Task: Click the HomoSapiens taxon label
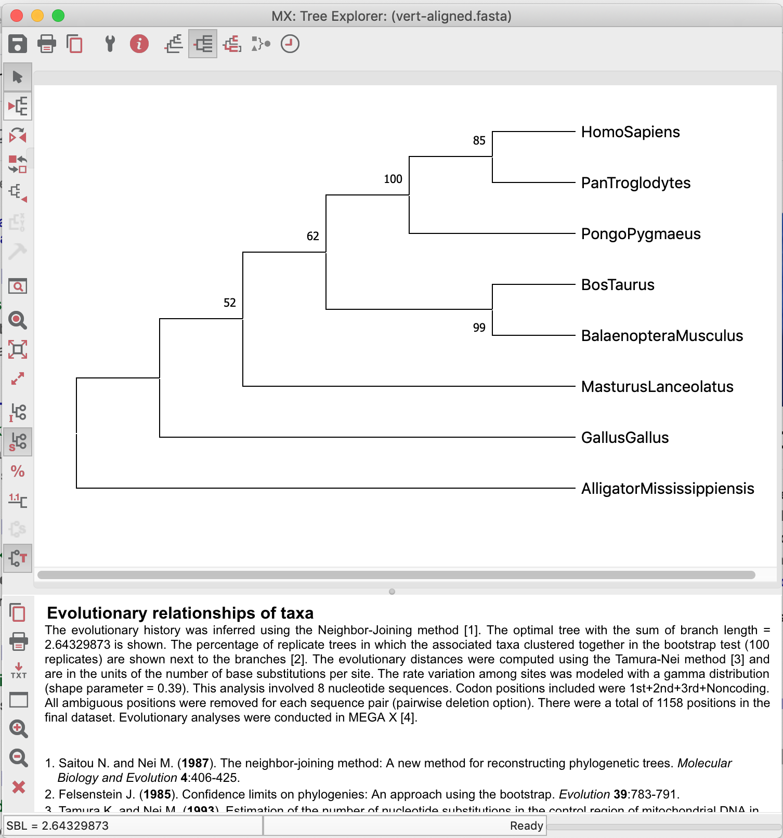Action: tap(630, 132)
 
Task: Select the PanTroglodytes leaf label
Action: tap(635, 183)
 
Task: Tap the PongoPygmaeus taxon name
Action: tap(641, 234)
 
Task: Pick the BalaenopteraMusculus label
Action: tap(662, 336)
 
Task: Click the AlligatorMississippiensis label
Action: tap(667, 489)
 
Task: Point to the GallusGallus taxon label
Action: tap(624, 438)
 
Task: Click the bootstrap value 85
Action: tap(479, 141)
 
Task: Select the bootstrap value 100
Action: tap(393, 179)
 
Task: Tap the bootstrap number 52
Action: tap(229, 303)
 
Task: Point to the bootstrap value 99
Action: tap(479, 328)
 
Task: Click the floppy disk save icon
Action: tap(18, 44)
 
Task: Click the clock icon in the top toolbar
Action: tap(290, 44)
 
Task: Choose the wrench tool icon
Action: tap(110, 44)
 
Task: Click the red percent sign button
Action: tap(18, 472)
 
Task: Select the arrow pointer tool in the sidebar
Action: tap(18, 77)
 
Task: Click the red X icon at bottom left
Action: tap(19, 787)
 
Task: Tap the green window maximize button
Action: tap(58, 16)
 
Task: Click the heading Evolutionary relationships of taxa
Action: tap(180, 613)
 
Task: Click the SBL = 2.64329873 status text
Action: tap(58, 826)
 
